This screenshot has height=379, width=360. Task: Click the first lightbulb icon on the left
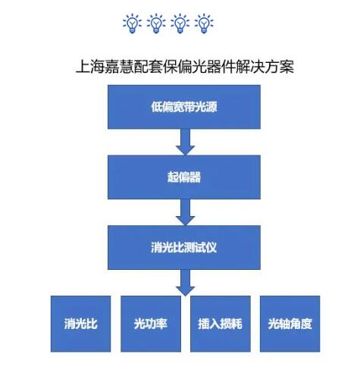pyautogui.click(x=132, y=23)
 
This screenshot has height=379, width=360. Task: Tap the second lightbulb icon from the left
pyautogui.click(x=156, y=23)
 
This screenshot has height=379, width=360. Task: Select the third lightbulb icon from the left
pyautogui.click(x=180, y=23)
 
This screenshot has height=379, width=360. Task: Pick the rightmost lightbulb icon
pyautogui.click(x=204, y=23)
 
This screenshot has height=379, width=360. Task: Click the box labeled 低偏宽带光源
pyautogui.click(x=184, y=107)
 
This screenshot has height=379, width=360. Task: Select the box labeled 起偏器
pyautogui.click(x=184, y=177)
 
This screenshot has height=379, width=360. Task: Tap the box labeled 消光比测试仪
pyautogui.click(x=184, y=247)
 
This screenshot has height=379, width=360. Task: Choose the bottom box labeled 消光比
pyautogui.click(x=80, y=324)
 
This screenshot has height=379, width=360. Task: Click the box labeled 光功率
pyautogui.click(x=151, y=324)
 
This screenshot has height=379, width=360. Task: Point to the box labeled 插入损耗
pyautogui.click(x=221, y=324)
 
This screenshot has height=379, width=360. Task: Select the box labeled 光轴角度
pyautogui.click(x=290, y=324)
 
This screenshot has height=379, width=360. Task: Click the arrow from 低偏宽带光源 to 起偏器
pyautogui.click(x=186, y=142)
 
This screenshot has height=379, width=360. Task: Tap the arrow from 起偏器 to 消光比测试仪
pyautogui.click(x=186, y=212)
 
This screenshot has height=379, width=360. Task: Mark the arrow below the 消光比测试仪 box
pyautogui.click(x=186, y=283)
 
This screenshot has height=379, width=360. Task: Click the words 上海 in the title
pyautogui.click(x=90, y=67)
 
